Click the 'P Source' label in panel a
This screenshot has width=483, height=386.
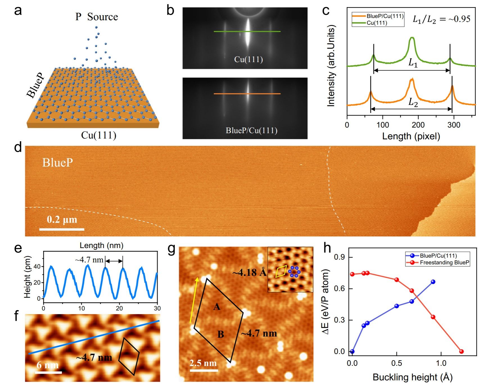pos(96,17)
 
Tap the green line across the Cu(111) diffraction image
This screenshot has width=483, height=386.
pos(247,31)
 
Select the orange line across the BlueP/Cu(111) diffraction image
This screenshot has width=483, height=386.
pos(247,94)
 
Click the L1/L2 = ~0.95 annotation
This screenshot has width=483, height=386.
pos(441,19)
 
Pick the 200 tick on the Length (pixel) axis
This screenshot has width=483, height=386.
pos(418,125)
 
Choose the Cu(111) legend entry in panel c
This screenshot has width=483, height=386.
pos(377,23)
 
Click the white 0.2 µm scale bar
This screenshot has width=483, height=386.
pos(62,229)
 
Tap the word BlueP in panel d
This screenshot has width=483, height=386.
pos(58,162)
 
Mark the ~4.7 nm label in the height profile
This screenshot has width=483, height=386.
pos(89,260)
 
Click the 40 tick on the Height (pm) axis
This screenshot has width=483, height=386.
pos(37,266)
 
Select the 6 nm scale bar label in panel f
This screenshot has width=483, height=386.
pos(48,365)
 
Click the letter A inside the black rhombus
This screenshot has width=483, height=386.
pos(216,307)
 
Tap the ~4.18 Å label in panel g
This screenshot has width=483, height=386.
pos(249,272)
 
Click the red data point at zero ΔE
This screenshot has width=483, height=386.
pos(461,351)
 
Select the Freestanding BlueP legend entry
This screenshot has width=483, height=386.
pos(444,263)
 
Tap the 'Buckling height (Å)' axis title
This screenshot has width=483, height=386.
pos(412,377)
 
